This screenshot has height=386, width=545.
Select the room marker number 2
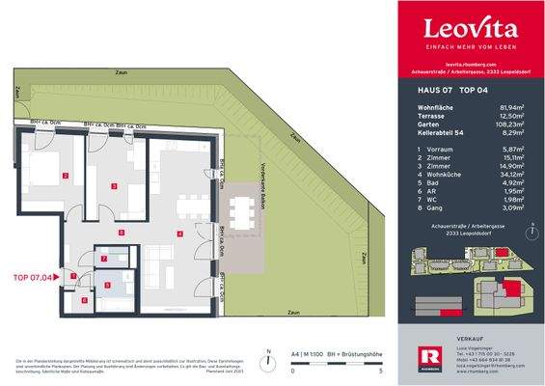tap(64, 175)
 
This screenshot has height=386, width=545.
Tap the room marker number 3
tap(114, 185)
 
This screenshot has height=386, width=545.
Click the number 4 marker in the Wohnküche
tap(179, 234)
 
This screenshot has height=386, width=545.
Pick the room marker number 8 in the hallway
tap(121, 233)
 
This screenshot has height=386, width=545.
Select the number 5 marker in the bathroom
tap(108, 284)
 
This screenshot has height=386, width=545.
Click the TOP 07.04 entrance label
tap(34, 276)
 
